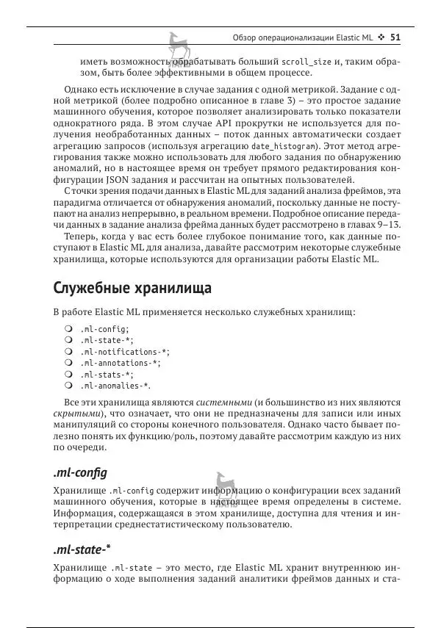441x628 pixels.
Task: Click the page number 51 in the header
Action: click(395, 37)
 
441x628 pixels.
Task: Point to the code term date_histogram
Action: click(282, 146)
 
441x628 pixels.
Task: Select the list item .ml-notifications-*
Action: click(120, 351)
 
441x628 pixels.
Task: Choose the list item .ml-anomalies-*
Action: click(115, 385)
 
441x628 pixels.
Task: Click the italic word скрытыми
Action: click(79, 414)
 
